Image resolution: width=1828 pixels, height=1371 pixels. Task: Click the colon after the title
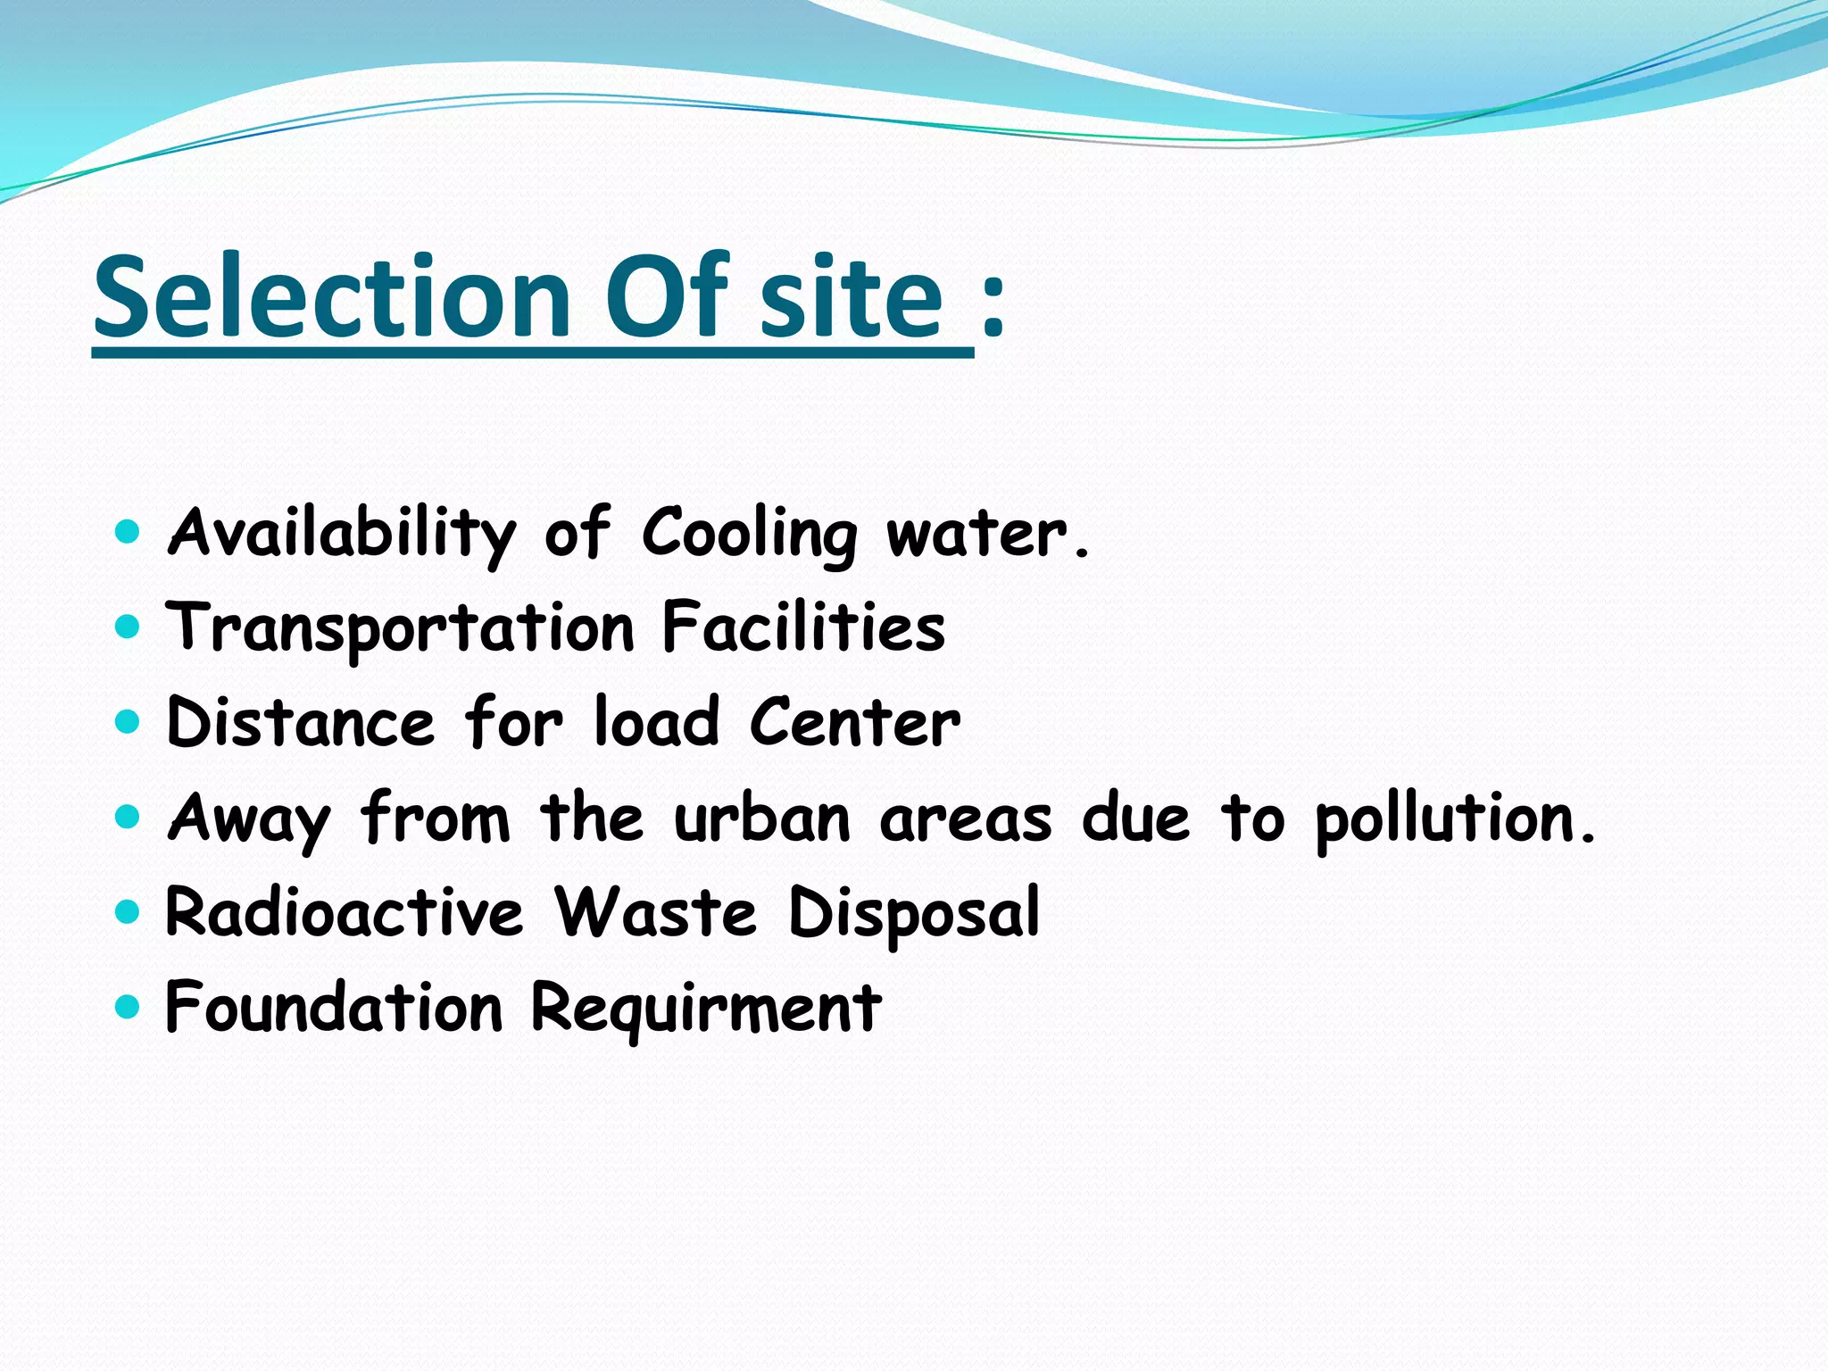point(993,303)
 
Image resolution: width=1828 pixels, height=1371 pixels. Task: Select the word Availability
point(342,534)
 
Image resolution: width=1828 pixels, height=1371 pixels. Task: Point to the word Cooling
point(749,534)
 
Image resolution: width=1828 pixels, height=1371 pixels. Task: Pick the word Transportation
point(401,628)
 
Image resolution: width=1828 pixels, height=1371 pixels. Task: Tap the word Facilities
point(803,627)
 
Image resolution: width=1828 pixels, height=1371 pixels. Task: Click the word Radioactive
point(345,912)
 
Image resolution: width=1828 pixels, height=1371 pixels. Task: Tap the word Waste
point(655,912)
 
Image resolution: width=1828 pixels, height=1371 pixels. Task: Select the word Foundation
point(335,1008)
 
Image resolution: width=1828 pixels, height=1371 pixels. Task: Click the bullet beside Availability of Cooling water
point(129,533)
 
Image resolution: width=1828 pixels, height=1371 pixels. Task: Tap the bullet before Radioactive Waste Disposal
point(129,911)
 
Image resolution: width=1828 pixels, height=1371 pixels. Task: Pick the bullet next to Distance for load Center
point(129,721)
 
